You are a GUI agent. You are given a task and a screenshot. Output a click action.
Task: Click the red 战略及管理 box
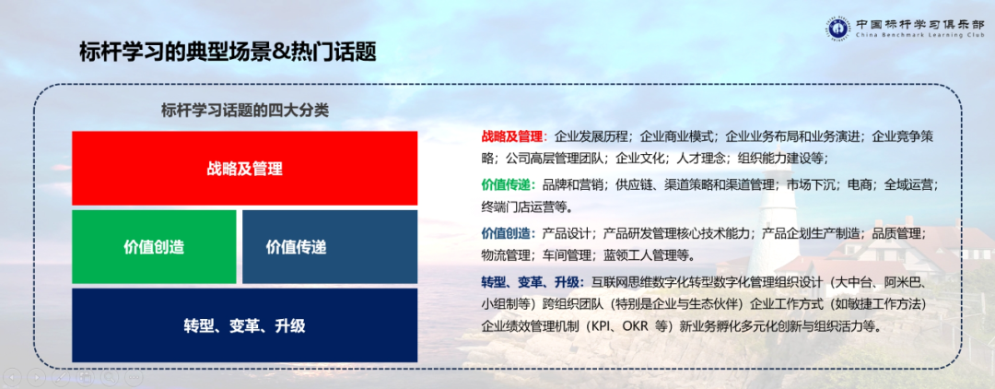(x=244, y=168)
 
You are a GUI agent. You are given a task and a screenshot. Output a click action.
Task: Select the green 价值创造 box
(x=154, y=246)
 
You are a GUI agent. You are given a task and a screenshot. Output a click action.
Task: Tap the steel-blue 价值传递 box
(x=329, y=246)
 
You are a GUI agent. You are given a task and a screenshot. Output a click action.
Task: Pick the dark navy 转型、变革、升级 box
(x=244, y=325)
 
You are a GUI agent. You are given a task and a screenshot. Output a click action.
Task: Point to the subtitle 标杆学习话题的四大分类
(x=244, y=110)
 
